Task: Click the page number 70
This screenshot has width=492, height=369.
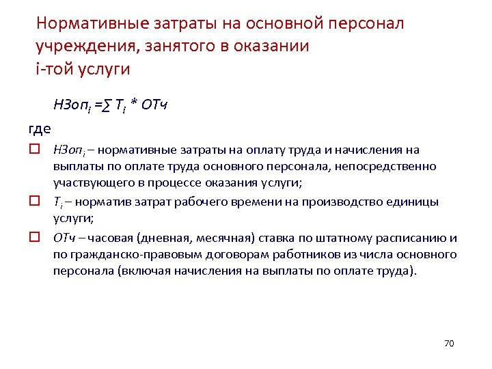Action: point(449,343)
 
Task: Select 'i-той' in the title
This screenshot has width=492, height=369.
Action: point(54,69)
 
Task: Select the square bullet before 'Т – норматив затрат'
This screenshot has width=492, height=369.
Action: point(33,202)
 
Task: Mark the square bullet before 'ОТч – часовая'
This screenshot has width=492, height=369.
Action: point(33,238)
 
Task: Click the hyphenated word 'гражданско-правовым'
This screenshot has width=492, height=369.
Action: point(118,254)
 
